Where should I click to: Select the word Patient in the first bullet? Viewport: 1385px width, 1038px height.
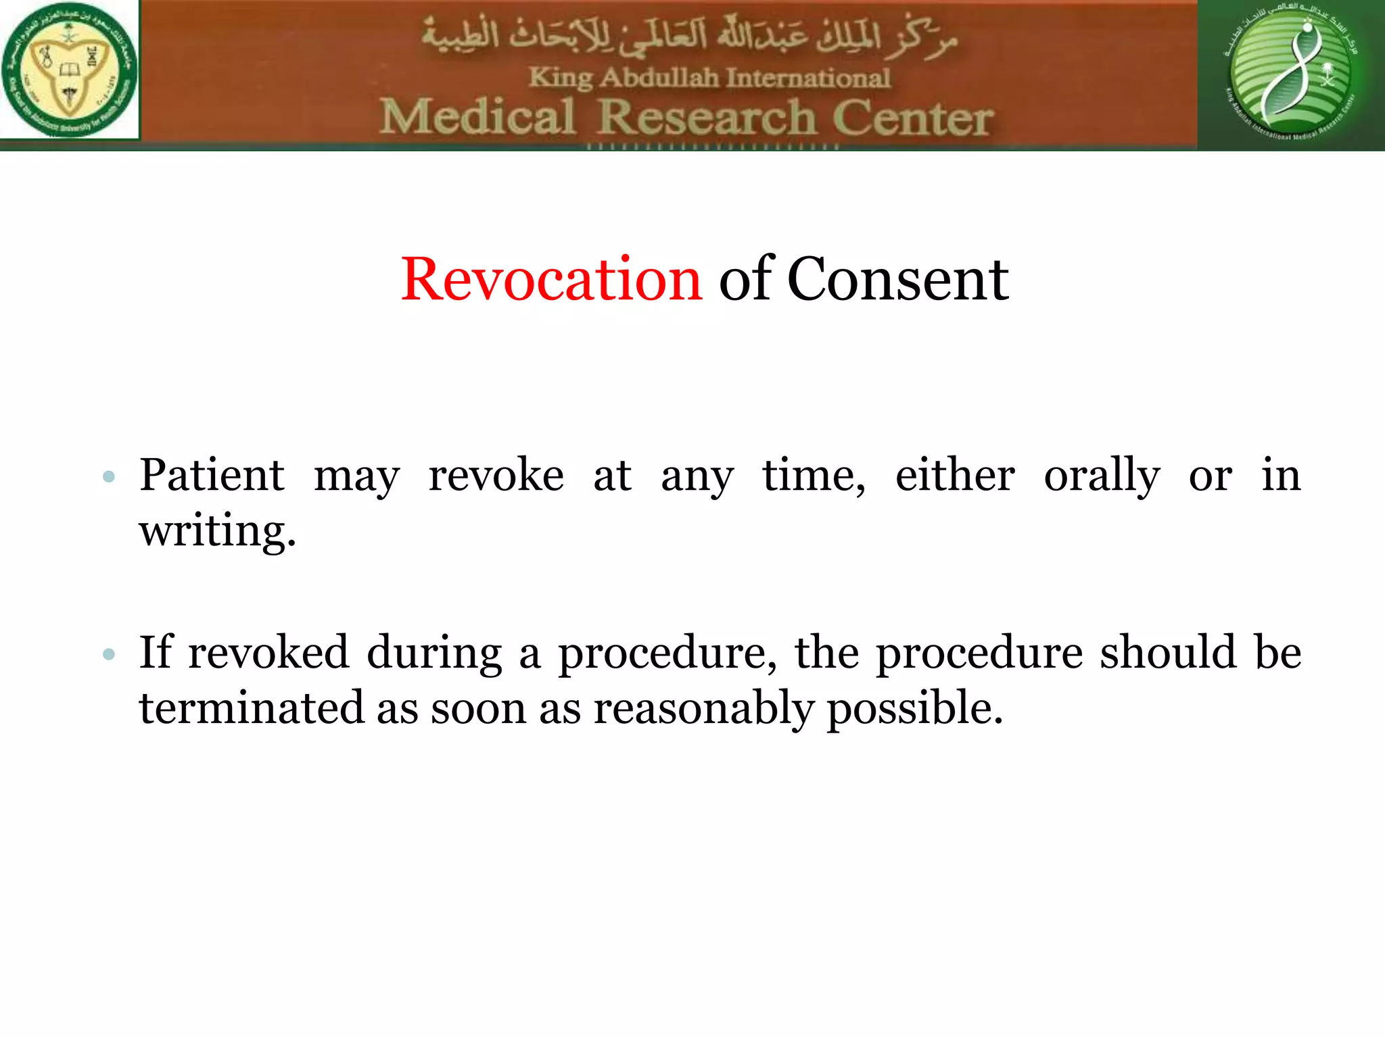pos(212,475)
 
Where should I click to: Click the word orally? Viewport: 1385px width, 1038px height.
pos(1102,476)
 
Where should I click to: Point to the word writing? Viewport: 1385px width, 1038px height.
pos(217,531)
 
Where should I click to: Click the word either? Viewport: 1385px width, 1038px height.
pos(954,475)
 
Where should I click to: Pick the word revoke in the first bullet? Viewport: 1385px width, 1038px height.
pos(496,475)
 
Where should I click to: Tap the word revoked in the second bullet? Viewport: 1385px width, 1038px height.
pos(268,653)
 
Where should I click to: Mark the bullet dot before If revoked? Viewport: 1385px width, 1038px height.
pos(109,654)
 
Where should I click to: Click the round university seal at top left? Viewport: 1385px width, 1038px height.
pos(69,70)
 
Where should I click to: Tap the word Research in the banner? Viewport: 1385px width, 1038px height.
pos(707,118)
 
